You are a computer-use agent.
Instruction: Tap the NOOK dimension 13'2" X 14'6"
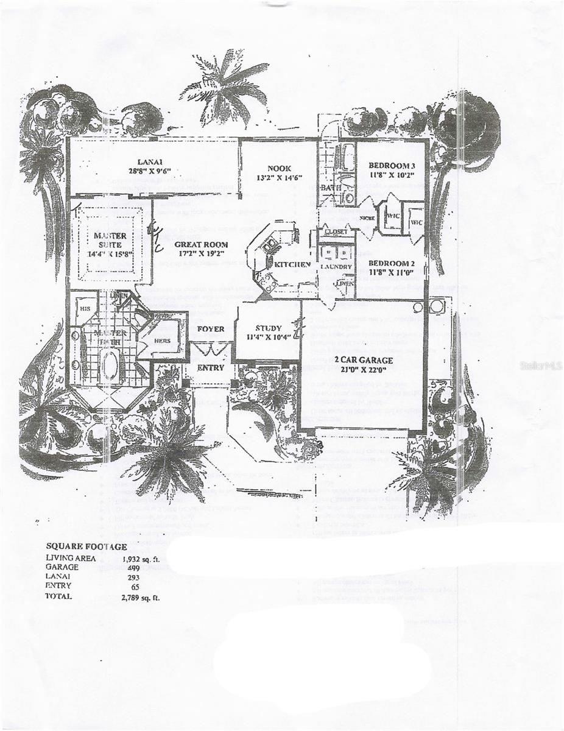tap(280, 178)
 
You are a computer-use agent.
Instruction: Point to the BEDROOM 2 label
tap(392, 263)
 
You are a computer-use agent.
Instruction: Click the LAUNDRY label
tap(336, 267)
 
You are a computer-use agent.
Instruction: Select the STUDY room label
tap(269, 328)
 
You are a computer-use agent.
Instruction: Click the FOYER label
tap(211, 329)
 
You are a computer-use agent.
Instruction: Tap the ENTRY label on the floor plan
tap(211, 367)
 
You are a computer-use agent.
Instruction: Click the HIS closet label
tap(85, 308)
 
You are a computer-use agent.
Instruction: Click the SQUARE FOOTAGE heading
tap(86, 546)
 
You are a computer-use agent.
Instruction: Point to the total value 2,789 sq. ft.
tap(141, 597)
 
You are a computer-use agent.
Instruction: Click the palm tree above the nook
tap(224, 85)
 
